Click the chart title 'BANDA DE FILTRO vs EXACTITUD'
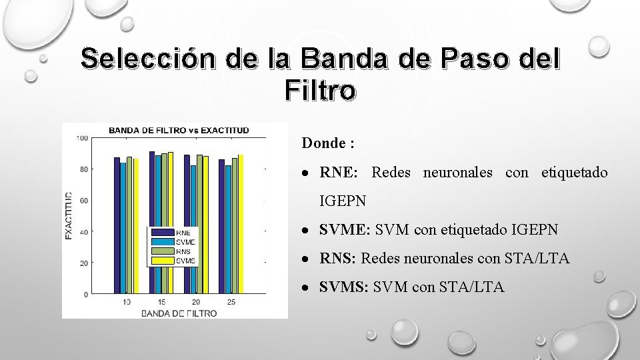(x=179, y=129)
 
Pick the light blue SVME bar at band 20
(x=193, y=229)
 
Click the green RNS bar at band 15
(x=164, y=223)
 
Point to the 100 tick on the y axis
(x=83, y=138)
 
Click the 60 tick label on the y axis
(x=84, y=200)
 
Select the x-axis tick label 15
(x=161, y=303)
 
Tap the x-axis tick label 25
(x=231, y=303)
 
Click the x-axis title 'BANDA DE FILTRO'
(x=179, y=313)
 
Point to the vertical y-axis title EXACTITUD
(x=69, y=215)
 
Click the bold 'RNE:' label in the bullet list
(x=339, y=173)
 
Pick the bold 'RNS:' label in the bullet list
(x=339, y=259)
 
